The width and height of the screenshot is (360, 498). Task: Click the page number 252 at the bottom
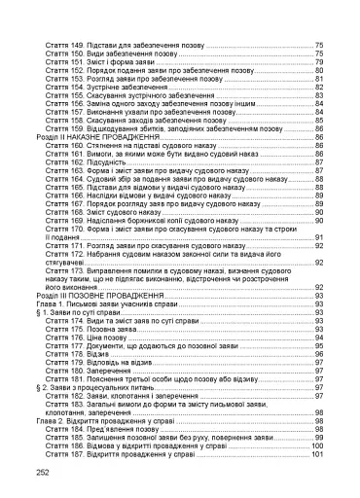click(42, 470)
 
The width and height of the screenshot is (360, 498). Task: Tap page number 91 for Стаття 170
click(318, 237)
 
